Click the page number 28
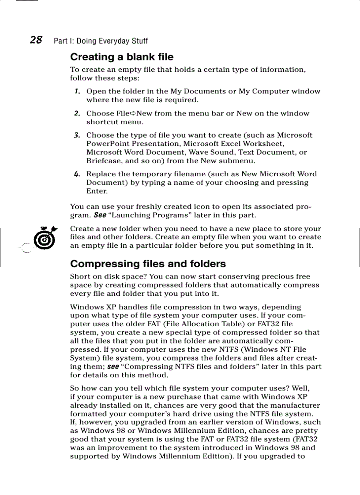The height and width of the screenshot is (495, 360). [x=36, y=40]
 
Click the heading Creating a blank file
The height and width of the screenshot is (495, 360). [x=122, y=57]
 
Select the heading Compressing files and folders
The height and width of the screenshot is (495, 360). [x=148, y=264]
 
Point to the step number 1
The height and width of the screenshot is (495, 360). [x=77, y=91]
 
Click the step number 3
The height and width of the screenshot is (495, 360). [x=77, y=135]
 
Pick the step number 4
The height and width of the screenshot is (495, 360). [x=77, y=174]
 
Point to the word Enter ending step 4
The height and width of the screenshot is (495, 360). [x=97, y=191]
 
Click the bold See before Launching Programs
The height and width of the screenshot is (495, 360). [x=99, y=216]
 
